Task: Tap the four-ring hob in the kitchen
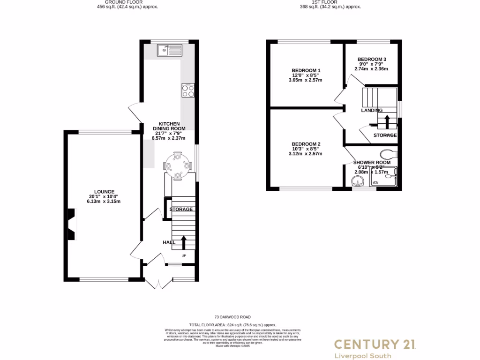(187, 90)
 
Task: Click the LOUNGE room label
(104, 192)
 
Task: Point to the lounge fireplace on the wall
(70, 225)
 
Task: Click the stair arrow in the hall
(183, 243)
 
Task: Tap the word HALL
(169, 242)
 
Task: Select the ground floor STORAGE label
(181, 209)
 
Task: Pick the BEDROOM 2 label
(306, 144)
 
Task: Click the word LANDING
(372, 111)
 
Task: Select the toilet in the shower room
(387, 153)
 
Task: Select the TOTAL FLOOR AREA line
(232, 325)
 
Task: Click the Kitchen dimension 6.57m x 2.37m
(169, 138)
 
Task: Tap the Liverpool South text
(362, 356)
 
